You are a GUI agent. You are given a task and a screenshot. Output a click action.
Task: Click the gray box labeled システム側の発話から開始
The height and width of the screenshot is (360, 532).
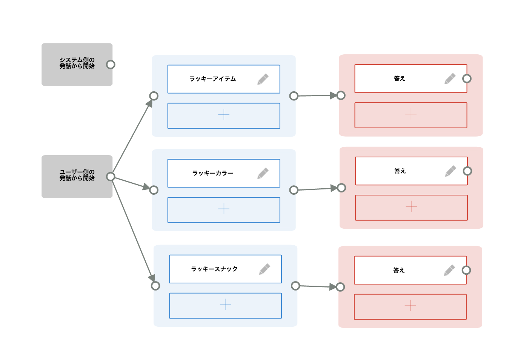77,64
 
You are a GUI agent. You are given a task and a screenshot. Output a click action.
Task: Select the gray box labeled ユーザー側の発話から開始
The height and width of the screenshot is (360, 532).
77,176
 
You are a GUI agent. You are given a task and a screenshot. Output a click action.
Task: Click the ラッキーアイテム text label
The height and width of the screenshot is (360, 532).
212,79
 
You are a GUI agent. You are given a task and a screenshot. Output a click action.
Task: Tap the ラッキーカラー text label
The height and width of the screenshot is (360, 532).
212,173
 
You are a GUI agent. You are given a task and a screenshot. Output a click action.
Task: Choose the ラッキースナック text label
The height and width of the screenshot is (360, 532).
214,269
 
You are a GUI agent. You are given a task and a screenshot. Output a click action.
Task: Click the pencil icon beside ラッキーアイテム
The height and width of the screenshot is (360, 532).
263,79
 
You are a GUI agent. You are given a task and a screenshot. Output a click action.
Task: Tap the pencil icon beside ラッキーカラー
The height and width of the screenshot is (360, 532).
263,173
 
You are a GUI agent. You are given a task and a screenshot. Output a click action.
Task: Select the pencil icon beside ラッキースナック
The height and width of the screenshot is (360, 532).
264,269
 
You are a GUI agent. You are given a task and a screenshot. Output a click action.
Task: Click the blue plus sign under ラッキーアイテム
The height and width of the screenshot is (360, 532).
224,115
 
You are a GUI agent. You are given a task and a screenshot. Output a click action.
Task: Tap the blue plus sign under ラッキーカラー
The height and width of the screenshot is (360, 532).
224,209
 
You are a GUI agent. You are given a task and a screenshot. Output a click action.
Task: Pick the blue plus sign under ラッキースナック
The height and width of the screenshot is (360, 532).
225,305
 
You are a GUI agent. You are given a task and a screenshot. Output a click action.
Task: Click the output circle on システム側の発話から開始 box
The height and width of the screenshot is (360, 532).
111,65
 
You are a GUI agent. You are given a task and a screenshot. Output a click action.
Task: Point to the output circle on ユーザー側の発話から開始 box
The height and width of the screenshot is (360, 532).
111,177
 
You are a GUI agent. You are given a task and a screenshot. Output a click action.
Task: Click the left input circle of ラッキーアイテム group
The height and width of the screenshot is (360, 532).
154,96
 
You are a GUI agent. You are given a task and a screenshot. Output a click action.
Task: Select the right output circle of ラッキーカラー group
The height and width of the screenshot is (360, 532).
294,190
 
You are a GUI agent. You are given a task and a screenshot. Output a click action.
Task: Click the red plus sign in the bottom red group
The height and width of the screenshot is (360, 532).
410,306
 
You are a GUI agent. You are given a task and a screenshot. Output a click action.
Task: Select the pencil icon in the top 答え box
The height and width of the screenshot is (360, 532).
450,78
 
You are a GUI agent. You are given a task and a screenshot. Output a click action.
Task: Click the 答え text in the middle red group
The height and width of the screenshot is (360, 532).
400,171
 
